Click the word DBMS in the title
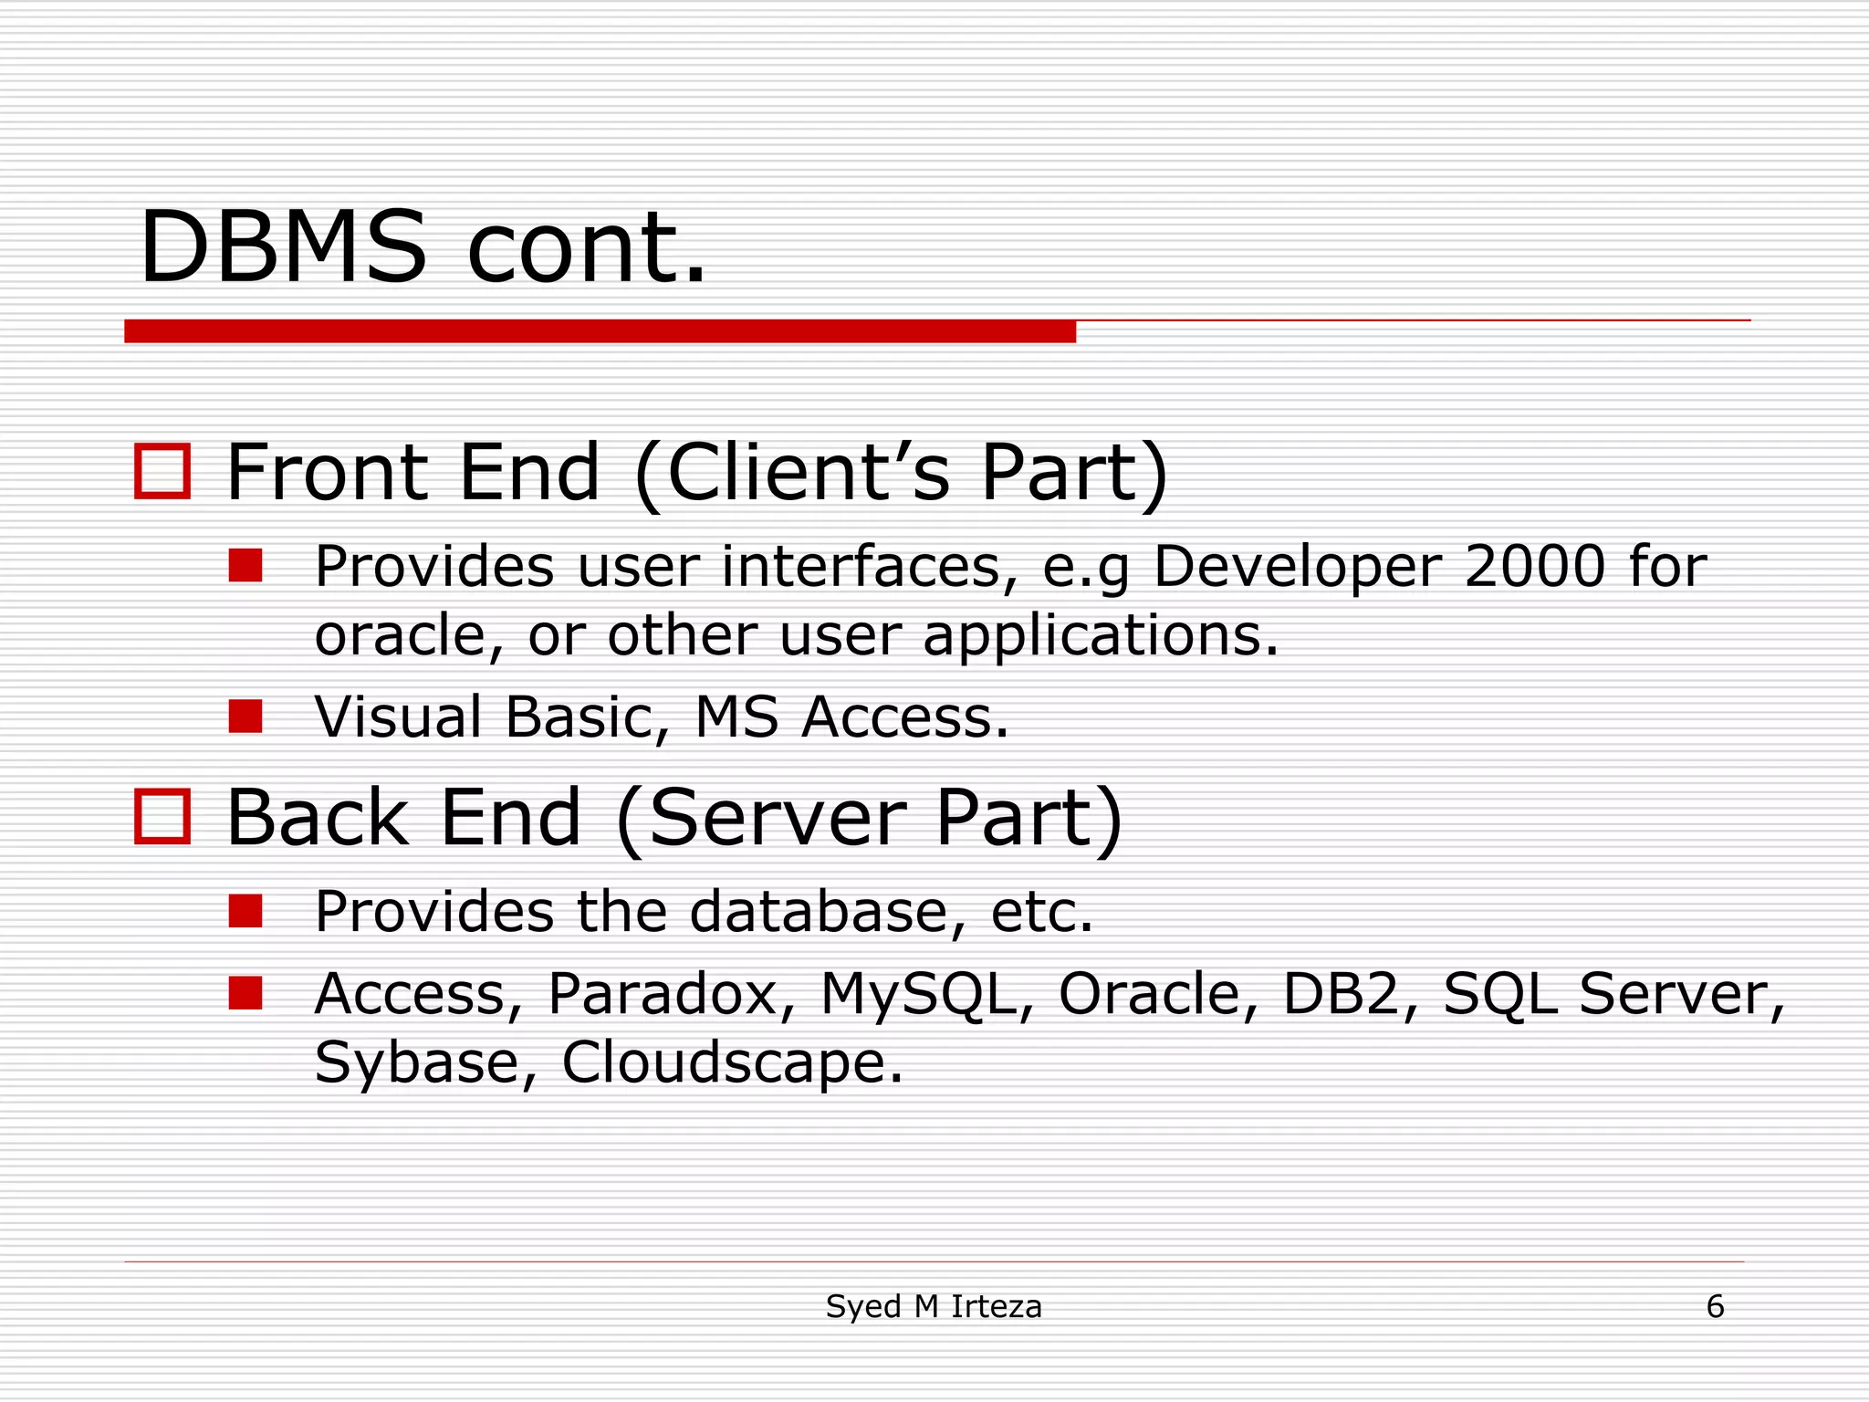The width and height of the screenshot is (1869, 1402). (x=283, y=248)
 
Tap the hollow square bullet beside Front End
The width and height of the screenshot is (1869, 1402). (x=162, y=471)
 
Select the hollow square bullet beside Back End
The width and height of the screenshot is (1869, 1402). (x=162, y=816)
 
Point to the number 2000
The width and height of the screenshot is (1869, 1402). (x=1534, y=566)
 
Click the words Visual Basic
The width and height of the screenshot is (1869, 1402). (x=484, y=717)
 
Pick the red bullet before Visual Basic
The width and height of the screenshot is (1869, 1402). (x=245, y=717)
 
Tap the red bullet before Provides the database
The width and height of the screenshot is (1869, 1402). (x=245, y=910)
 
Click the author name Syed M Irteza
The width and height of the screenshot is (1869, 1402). (x=934, y=1307)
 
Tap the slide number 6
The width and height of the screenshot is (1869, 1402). (x=1715, y=1307)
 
